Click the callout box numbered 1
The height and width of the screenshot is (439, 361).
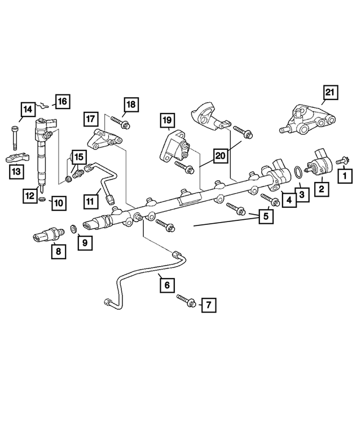click(x=342, y=177)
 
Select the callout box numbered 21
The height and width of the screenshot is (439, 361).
click(x=330, y=93)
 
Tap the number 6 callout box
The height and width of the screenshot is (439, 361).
click(x=167, y=286)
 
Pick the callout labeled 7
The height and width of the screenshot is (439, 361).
click(x=208, y=306)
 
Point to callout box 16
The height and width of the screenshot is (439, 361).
click(x=61, y=102)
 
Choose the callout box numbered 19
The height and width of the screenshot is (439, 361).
click(x=166, y=120)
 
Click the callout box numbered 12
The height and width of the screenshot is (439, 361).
click(x=29, y=195)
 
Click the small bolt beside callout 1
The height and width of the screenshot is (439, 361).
click(x=342, y=162)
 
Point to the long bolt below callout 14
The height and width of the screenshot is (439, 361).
click(x=14, y=136)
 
